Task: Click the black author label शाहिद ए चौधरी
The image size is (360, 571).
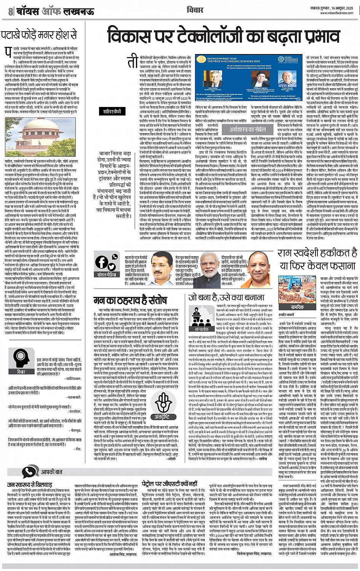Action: (112, 112)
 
